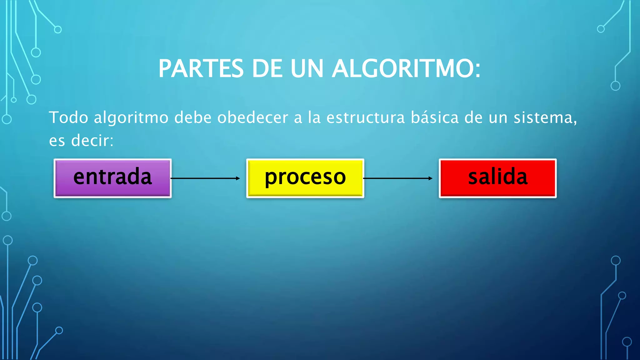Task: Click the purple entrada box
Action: pyautogui.click(x=112, y=178)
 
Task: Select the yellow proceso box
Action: pyautogui.click(x=305, y=178)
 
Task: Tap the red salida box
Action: pyautogui.click(x=497, y=178)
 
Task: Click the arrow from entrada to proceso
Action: pyautogui.click(x=205, y=178)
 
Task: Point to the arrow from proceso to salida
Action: pyautogui.click(x=398, y=178)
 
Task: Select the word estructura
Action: pyautogui.click(x=365, y=118)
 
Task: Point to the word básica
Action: pyautogui.click(x=435, y=118)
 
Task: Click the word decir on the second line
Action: pyautogui.click(x=92, y=140)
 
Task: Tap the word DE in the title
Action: pyautogui.click(x=267, y=68)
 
